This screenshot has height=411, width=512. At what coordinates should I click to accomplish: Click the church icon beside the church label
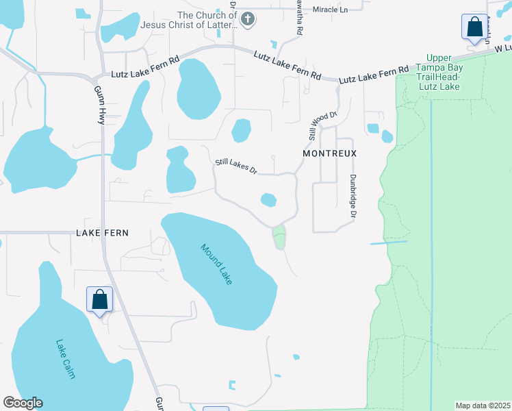tap(248, 20)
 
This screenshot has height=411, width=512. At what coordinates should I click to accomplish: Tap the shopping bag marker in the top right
tap(474, 28)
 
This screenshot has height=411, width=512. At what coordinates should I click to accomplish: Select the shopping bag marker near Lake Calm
tap(99, 300)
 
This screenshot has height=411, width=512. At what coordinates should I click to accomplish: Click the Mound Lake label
tap(217, 264)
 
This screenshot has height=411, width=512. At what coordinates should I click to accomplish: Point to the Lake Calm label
tap(65, 360)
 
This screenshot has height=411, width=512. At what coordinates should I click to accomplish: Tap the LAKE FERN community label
tap(103, 233)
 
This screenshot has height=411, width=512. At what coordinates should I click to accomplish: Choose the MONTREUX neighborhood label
tap(330, 155)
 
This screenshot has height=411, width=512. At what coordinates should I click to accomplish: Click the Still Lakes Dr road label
tap(235, 165)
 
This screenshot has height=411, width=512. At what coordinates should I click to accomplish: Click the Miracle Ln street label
tap(331, 10)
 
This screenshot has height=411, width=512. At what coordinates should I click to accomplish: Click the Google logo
tap(23, 403)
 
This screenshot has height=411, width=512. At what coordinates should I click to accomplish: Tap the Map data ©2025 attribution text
tap(482, 406)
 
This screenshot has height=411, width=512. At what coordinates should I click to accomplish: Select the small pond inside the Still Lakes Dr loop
tap(269, 200)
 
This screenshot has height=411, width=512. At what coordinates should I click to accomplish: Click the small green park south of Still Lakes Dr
tap(279, 238)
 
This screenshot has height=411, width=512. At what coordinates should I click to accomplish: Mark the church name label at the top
tap(206, 20)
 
